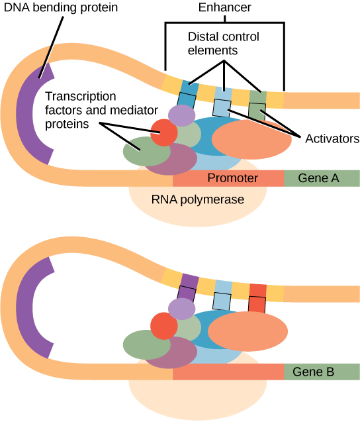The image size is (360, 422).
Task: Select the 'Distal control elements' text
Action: (224, 43)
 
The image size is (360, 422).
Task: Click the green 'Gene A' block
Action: (321, 178)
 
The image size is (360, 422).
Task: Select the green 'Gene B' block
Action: (321, 372)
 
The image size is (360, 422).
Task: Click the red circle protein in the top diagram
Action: (163, 132)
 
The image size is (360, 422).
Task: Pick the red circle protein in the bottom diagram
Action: (163, 326)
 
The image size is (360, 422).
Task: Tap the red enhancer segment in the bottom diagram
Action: (257, 290)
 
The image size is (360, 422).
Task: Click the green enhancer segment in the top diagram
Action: (257, 97)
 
